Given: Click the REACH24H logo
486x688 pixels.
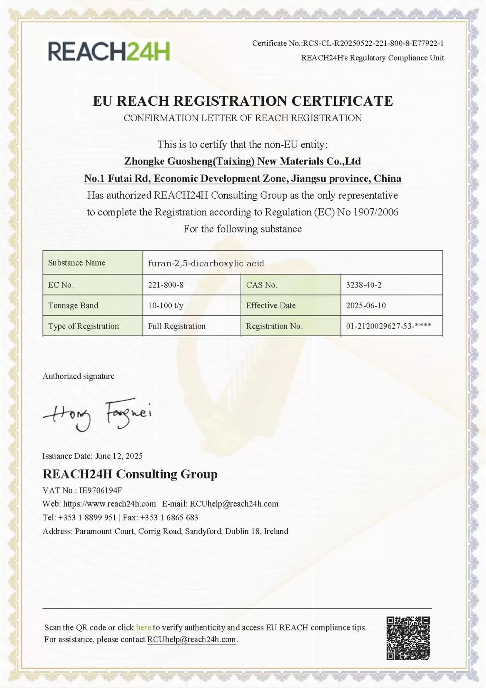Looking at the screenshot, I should pyautogui.click(x=109, y=51).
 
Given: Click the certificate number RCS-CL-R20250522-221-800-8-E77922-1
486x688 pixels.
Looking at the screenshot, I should pyautogui.click(x=373, y=44).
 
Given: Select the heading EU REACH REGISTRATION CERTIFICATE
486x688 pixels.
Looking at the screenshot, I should pyautogui.click(x=243, y=101).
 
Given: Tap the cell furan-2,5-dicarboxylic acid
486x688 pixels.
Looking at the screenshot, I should pyautogui.click(x=206, y=263).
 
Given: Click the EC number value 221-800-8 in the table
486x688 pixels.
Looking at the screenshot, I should pyautogui.click(x=166, y=285).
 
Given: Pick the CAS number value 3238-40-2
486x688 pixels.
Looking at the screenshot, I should pyautogui.click(x=363, y=285).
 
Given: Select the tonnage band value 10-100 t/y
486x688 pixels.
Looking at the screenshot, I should pyautogui.click(x=165, y=305).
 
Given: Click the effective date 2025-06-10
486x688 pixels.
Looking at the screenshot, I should pyautogui.click(x=366, y=305).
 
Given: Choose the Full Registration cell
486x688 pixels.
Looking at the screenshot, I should pyautogui.click(x=176, y=326).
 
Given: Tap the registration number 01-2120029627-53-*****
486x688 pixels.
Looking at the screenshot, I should pyautogui.click(x=389, y=326).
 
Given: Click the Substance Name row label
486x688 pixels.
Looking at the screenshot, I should pyautogui.click(x=77, y=263).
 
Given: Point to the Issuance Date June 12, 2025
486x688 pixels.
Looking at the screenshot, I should pyautogui.click(x=118, y=456).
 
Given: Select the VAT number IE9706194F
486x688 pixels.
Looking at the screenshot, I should pyautogui.click(x=100, y=491).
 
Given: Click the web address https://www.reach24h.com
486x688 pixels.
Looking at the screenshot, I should pyautogui.click(x=109, y=504).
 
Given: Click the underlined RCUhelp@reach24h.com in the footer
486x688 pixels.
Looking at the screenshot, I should pyautogui.click(x=191, y=639).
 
